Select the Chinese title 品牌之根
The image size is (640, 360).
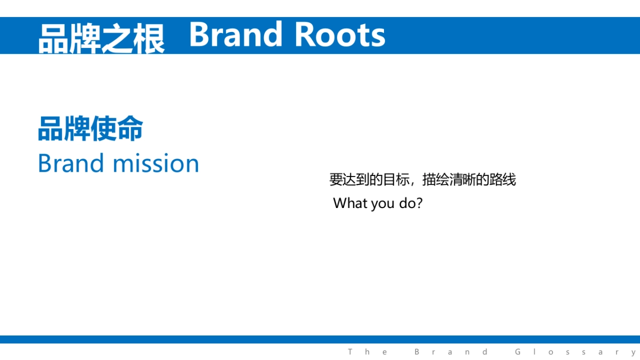101,38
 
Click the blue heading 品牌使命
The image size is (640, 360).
90,129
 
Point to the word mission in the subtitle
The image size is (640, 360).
156,163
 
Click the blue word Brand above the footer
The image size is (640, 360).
70,163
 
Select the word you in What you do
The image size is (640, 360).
383,205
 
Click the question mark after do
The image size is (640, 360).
419,203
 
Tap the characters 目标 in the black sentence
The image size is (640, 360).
396,180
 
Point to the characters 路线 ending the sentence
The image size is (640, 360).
502,180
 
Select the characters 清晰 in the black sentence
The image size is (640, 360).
462,180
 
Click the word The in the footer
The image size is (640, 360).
367,352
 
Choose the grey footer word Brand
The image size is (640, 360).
451,352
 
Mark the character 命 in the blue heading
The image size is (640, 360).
130,129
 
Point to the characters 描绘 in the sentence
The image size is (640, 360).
436,180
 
